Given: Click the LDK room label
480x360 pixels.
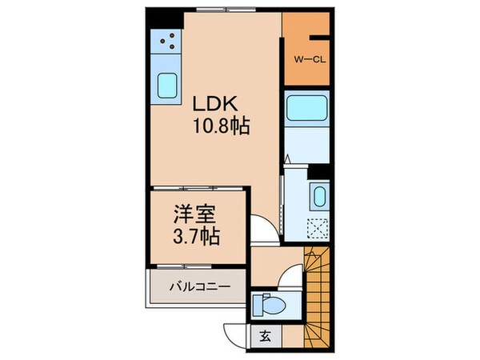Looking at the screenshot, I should tap(213, 104).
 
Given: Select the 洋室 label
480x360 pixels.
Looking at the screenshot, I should tap(195, 216).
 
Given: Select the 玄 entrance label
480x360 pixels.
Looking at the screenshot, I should tap(263, 336).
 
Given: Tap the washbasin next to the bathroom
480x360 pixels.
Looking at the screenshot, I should tap(318, 195).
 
